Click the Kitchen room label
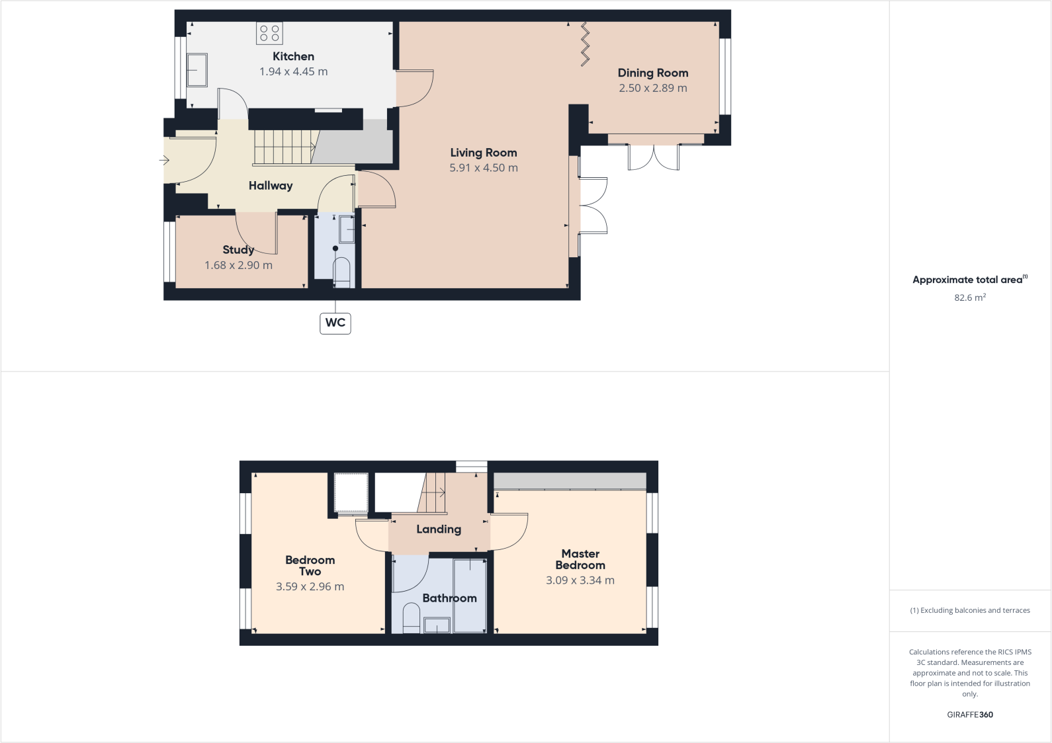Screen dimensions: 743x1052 293,57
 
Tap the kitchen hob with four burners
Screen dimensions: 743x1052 269,33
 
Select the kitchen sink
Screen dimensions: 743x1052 197,70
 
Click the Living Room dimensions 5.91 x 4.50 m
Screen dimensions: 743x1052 484,168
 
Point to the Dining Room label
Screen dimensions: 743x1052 653,73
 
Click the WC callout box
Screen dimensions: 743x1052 335,323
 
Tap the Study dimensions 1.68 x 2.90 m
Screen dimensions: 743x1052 238,265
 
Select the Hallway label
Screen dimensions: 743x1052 271,186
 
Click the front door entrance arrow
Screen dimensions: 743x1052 164,160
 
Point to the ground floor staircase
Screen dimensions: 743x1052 284,147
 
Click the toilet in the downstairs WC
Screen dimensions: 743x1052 341,272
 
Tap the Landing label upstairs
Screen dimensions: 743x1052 439,529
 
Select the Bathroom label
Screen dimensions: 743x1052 449,598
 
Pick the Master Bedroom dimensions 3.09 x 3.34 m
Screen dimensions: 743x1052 580,580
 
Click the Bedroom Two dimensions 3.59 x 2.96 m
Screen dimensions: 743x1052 310,586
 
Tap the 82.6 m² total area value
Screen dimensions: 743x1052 970,297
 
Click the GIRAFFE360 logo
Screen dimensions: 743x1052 970,715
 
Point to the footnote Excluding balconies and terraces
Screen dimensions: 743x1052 970,610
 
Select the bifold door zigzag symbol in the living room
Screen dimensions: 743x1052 585,44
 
